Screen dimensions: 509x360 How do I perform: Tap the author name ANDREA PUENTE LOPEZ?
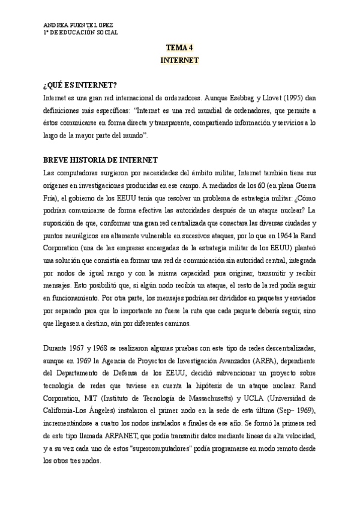click(x=77, y=25)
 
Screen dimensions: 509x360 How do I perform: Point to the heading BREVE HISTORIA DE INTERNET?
click(x=101, y=160)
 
